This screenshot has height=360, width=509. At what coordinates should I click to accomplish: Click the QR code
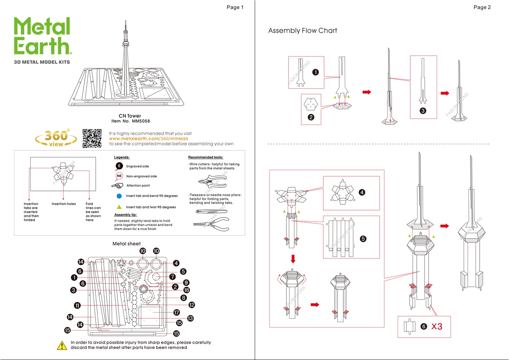[x=92, y=138]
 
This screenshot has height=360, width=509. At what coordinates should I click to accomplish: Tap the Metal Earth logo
[x=42, y=36]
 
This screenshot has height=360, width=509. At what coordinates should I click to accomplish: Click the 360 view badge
[x=56, y=138]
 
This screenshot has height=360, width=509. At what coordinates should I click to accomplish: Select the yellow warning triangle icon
[x=62, y=345]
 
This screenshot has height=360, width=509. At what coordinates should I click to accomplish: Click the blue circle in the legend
[x=119, y=196]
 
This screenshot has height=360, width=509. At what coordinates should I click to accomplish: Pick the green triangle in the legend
[x=119, y=207]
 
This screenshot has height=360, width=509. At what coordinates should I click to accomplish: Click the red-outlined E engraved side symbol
[x=119, y=166]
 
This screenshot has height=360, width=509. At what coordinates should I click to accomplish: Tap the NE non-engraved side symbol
[x=119, y=176]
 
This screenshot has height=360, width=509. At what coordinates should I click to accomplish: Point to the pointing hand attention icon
[x=118, y=185]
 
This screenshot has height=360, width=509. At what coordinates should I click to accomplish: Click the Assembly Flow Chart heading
[x=303, y=31]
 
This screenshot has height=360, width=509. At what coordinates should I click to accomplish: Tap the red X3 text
[x=437, y=327]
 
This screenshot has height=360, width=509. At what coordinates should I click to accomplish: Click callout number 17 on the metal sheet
[x=177, y=313]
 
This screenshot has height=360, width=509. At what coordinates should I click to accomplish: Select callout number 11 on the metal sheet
[x=77, y=306]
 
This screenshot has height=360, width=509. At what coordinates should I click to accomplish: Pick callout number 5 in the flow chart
[x=363, y=239]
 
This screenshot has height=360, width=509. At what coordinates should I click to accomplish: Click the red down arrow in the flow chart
[x=293, y=259]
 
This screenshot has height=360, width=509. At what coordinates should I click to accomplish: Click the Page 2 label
[x=482, y=7]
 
